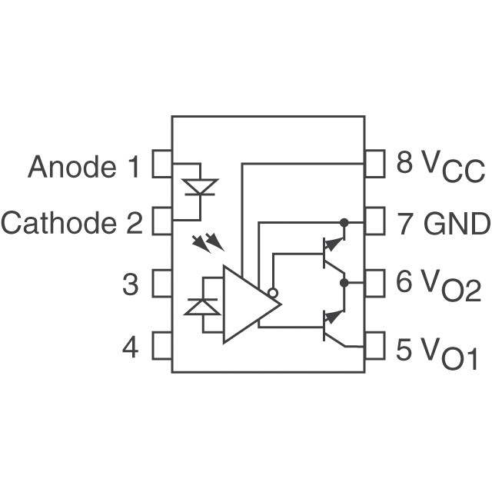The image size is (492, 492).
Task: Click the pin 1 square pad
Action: click(x=161, y=164)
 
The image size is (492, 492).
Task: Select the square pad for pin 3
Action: click(x=161, y=284)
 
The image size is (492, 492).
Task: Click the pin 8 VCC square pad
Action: click(x=374, y=164)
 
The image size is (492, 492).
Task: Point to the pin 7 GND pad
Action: click(x=374, y=221)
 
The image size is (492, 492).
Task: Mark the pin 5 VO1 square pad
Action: click(x=374, y=345)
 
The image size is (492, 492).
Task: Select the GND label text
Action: click(x=457, y=224)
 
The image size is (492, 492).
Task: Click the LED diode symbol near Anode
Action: click(x=201, y=187)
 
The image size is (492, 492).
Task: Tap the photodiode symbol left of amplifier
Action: click(x=202, y=306)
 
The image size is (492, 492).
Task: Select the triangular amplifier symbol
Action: click(x=246, y=304)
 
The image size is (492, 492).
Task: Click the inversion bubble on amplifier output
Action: click(x=271, y=293)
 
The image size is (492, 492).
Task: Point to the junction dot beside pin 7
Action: click(x=344, y=222)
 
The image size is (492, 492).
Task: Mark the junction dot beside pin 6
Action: click(x=344, y=283)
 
